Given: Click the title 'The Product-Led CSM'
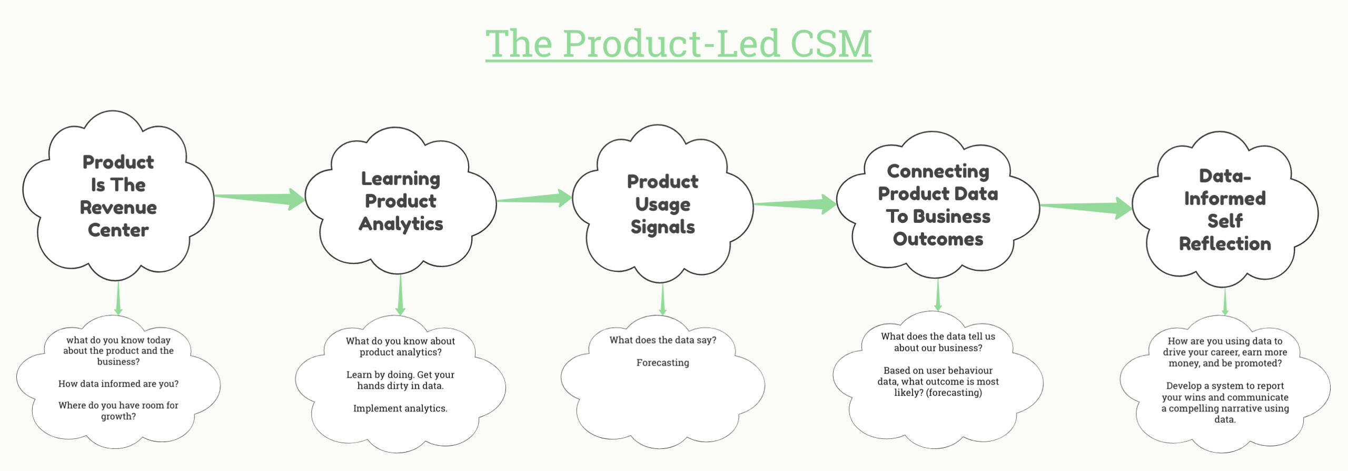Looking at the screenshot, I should pyautogui.click(x=678, y=44).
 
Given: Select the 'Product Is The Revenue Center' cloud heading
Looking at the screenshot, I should pyautogui.click(x=118, y=196).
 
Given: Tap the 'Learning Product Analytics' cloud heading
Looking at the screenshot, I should pyautogui.click(x=401, y=201).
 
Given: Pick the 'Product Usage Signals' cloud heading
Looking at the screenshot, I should pyautogui.click(x=662, y=204).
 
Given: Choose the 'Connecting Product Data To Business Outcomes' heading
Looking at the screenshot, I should pyautogui.click(x=938, y=205).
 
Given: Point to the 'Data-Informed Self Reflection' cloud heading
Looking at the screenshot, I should pyautogui.click(x=1225, y=210).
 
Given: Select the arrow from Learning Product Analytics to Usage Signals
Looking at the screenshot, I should pyautogui.click(x=534, y=199).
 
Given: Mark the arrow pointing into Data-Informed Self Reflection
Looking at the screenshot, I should pyautogui.click(x=1086, y=207).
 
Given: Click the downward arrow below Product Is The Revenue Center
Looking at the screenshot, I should pyautogui.click(x=118, y=298).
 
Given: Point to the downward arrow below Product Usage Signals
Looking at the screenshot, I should pyautogui.click(x=662, y=299).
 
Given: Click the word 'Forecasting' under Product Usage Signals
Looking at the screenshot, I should pyautogui.click(x=662, y=363).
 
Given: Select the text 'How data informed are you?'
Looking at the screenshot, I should pyautogui.click(x=118, y=384).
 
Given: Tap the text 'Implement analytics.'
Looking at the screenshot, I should pyautogui.click(x=400, y=408).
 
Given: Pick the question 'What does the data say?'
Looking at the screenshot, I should pyautogui.click(x=662, y=340).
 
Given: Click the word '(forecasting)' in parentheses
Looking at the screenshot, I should pyautogui.click(x=954, y=393).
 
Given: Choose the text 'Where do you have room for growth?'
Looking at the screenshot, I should pyautogui.click(x=118, y=411).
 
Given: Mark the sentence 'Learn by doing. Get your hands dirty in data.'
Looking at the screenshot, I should pyautogui.click(x=400, y=380).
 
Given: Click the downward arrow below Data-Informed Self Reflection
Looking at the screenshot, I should pyautogui.click(x=1225, y=301).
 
